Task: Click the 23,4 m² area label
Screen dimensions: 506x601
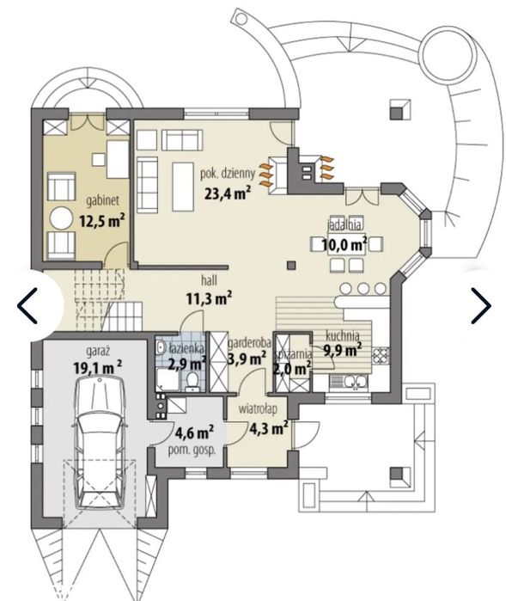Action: (228, 193)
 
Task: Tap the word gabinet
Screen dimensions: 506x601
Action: (102, 200)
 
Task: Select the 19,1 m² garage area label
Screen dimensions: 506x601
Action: (98, 367)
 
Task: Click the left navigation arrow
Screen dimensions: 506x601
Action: (27, 305)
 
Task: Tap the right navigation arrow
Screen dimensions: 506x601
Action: (481, 305)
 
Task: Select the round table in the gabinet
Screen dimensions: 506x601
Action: (61, 219)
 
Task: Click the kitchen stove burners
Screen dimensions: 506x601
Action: (381, 355)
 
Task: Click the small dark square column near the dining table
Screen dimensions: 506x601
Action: (291, 265)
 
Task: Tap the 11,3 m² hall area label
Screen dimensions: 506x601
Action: (209, 297)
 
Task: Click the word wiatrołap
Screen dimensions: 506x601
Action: (258, 408)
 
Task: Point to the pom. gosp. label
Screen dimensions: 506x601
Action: (192, 450)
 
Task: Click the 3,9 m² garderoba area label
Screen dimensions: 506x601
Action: (247, 359)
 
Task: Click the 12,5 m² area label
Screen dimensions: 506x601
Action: (102, 221)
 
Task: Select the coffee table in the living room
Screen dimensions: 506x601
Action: (183, 187)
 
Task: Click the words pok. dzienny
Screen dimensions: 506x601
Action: (228, 173)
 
